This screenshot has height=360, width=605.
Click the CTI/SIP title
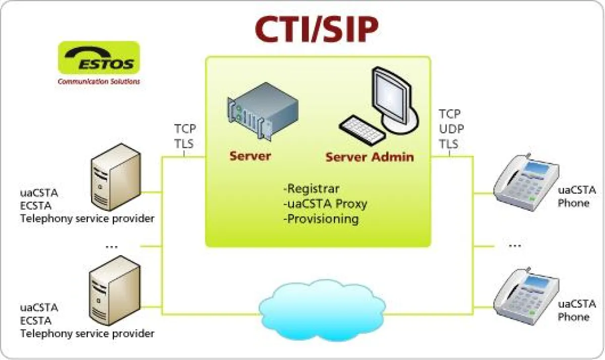[x=316, y=30]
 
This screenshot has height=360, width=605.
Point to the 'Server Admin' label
[x=369, y=157]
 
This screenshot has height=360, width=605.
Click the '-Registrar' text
[x=311, y=189]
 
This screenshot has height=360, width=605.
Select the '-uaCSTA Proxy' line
[x=325, y=204]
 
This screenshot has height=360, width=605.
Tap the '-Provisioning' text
[x=321, y=219]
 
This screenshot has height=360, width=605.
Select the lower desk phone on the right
[x=525, y=295]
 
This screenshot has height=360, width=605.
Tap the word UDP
[x=451, y=129]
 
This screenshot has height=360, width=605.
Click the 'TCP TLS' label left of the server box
[x=185, y=136]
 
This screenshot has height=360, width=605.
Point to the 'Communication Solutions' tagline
[x=99, y=81]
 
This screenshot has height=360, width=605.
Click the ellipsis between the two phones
[x=514, y=246]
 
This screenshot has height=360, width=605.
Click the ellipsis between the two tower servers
[x=112, y=247]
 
